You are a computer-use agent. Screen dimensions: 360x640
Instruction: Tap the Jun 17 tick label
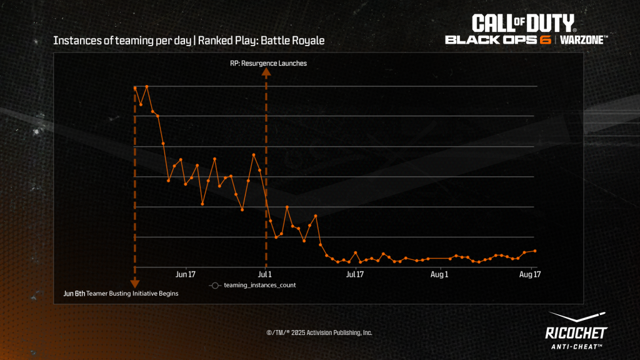point(186,274)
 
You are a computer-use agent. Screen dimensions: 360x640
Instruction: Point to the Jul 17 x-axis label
point(355,274)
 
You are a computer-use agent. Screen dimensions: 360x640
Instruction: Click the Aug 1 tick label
point(440,274)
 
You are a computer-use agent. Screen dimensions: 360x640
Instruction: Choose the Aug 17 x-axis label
point(529,274)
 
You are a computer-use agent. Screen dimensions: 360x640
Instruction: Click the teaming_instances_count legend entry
point(259,285)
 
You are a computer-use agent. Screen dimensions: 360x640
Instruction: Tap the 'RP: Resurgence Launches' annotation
point(268,63)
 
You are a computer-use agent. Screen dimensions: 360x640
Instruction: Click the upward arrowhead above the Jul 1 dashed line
point(266,72)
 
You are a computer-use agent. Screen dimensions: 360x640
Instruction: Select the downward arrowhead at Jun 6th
point(134,284)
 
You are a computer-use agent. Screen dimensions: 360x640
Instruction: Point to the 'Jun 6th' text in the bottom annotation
point(74,293)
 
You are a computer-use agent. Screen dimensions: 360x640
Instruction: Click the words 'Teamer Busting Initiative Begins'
point(132,293)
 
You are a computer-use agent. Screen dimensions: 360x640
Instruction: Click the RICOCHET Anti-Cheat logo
point(576,331)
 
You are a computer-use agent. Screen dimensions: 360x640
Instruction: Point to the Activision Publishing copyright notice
point(319,332)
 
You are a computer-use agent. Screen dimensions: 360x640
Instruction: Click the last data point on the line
point(535,251)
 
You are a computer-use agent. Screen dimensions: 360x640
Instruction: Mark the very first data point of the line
point(135,88)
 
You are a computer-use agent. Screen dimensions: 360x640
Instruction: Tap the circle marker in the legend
point(214,286)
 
